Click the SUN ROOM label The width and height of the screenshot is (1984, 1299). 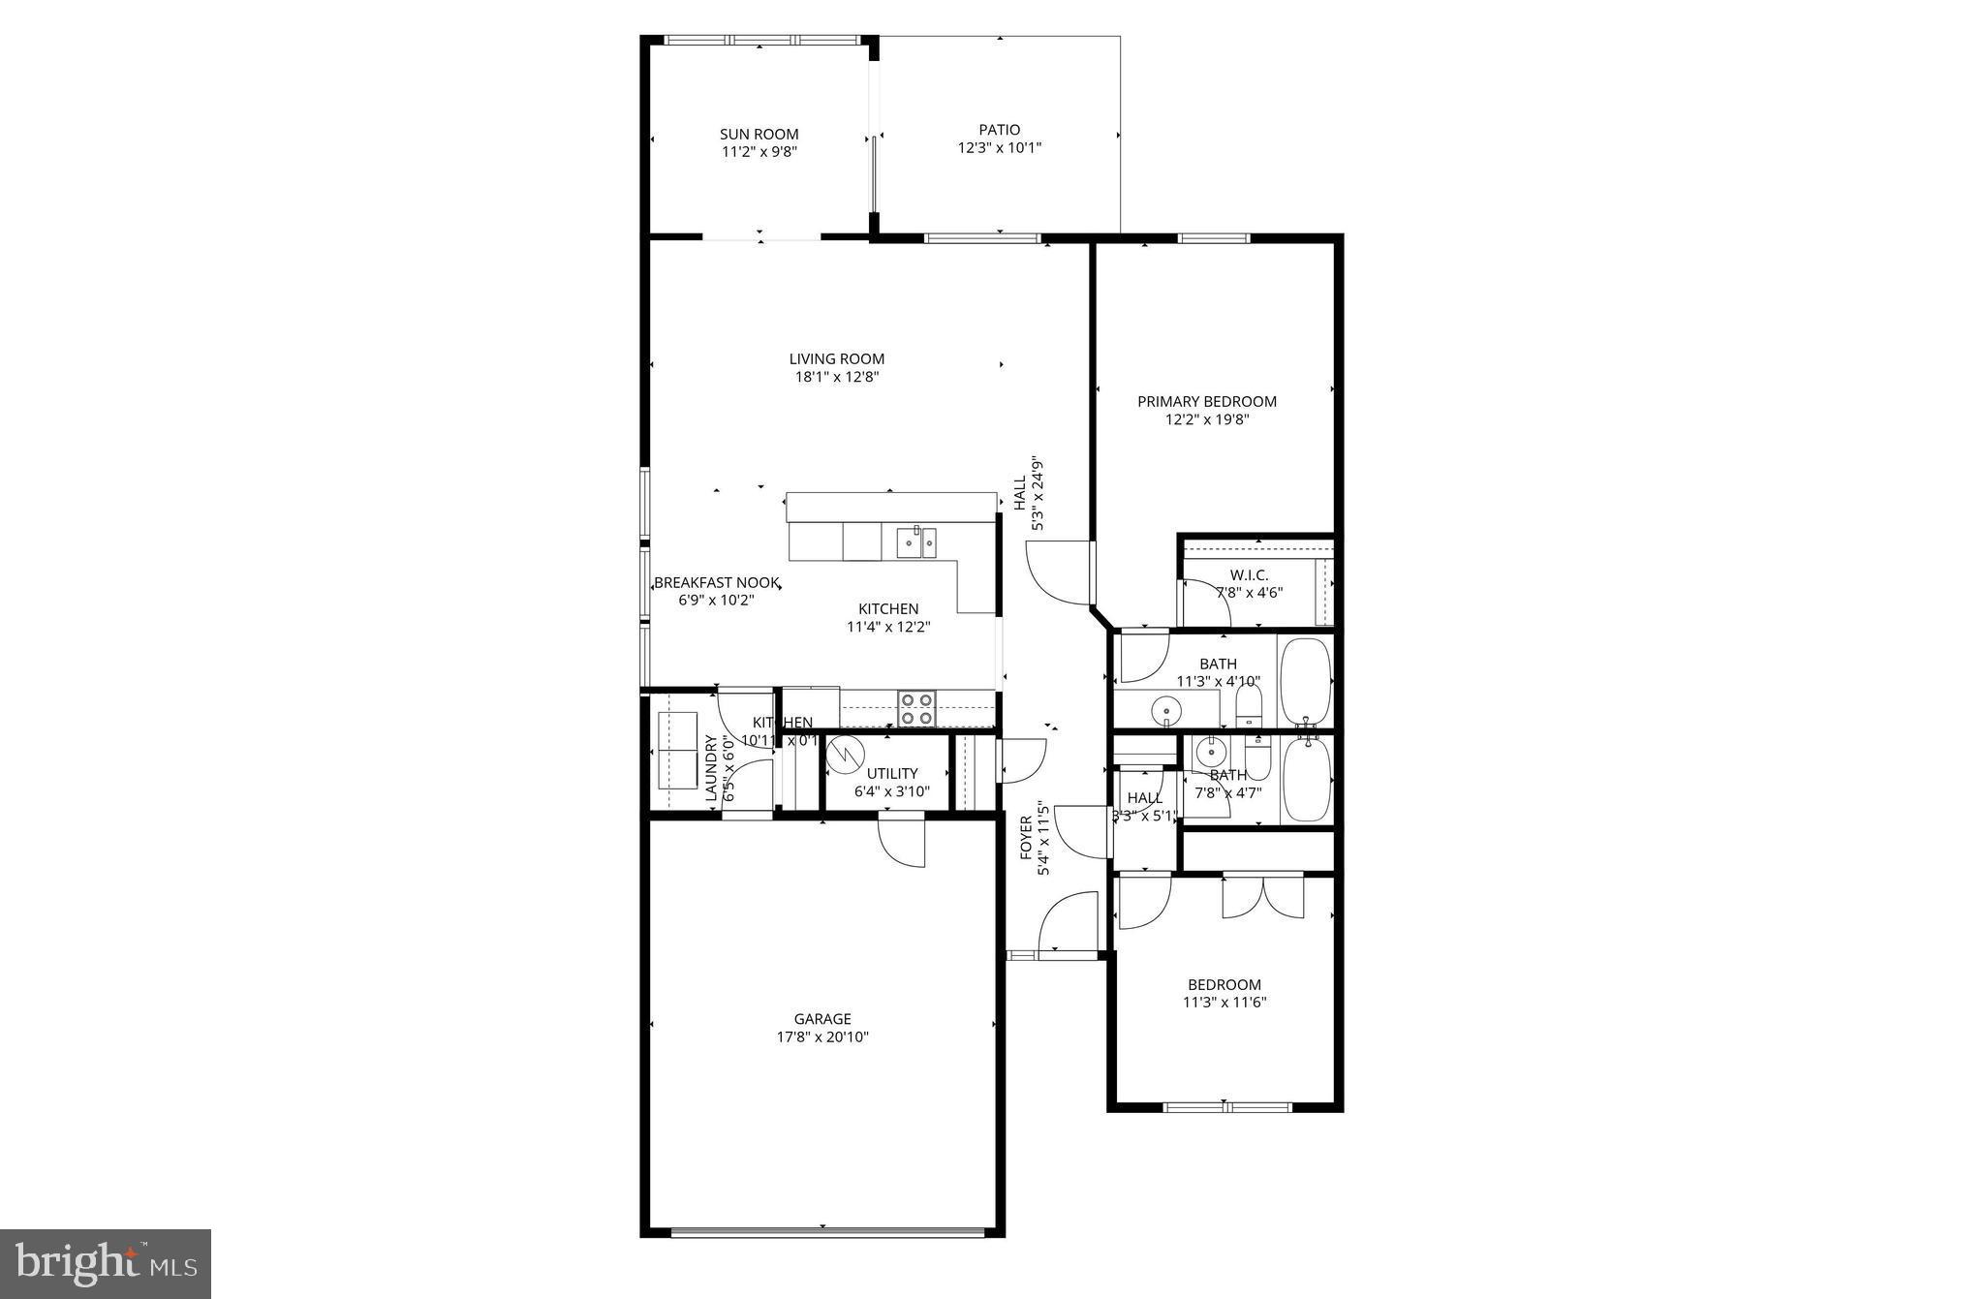759,134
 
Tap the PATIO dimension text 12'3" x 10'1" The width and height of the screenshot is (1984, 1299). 1000,148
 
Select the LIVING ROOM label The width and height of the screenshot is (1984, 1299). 836,358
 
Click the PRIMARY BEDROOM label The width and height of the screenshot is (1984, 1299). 1206,401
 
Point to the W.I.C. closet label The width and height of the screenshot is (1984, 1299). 1250,574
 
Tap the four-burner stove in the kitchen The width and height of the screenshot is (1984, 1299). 916,708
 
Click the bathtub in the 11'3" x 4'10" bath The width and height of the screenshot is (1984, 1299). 1306,680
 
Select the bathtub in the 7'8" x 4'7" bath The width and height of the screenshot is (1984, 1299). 1306,780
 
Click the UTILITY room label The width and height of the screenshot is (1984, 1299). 891,773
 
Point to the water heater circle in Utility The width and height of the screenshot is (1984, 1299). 846,755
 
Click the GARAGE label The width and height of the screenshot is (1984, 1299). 822,1018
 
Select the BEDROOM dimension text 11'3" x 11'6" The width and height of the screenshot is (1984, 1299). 1224,1003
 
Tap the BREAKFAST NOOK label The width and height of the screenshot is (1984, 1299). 717,582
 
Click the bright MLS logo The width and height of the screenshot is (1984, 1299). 106,1264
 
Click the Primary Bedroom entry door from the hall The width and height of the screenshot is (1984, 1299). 1060,573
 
